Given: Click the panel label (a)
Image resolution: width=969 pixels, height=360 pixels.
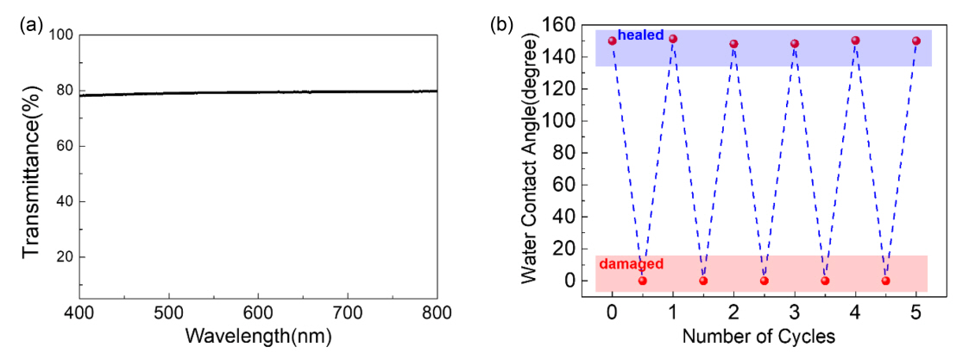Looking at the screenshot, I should [x=30, y=25].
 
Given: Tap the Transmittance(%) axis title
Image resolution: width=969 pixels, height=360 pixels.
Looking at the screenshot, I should [x=32, y=164].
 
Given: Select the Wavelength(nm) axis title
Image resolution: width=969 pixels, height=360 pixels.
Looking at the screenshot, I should [x=258, y=335].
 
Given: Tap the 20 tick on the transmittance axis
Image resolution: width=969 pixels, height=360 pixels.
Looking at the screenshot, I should [x=63, y=257].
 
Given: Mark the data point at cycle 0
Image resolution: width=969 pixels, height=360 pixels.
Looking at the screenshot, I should [x=613, y=41].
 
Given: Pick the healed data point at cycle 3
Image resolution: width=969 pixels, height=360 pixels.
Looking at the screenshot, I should [x=795, y=43].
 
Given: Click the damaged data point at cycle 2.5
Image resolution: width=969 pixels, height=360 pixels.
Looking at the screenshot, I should [x=764, y=281].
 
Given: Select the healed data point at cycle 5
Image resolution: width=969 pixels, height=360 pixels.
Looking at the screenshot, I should [x=916, y=41].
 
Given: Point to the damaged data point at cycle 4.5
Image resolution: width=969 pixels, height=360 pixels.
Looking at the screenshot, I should [x=885, y=281].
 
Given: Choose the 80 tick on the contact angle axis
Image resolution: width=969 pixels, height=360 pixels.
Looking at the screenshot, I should [x=566, y=153].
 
